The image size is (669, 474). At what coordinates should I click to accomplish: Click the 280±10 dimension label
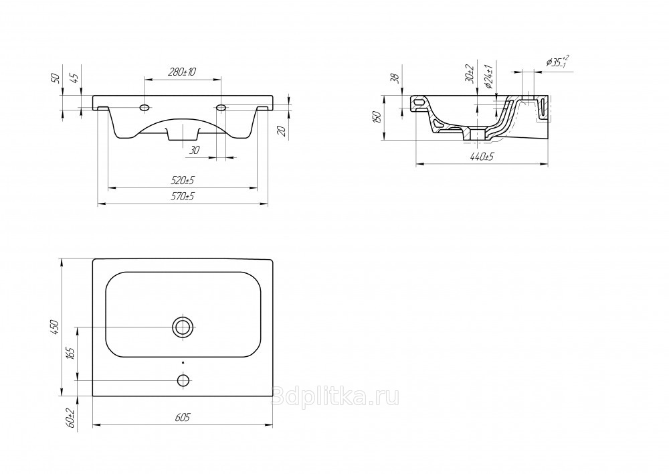click(182, 72)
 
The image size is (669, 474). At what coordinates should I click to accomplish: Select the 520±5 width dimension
click(183, 181)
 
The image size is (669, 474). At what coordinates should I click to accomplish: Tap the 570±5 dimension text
click(183, 197)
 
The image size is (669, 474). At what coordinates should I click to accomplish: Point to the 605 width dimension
click(182, 417)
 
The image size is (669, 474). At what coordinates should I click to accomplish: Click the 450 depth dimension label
click(55, 327)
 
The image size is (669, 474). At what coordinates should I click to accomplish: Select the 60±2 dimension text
click(70, 418)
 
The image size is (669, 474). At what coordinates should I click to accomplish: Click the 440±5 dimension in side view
click(482, 157)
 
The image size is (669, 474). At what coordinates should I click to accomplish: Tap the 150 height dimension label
click(377, 117)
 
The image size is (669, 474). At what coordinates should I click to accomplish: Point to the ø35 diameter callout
click(557, 62)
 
